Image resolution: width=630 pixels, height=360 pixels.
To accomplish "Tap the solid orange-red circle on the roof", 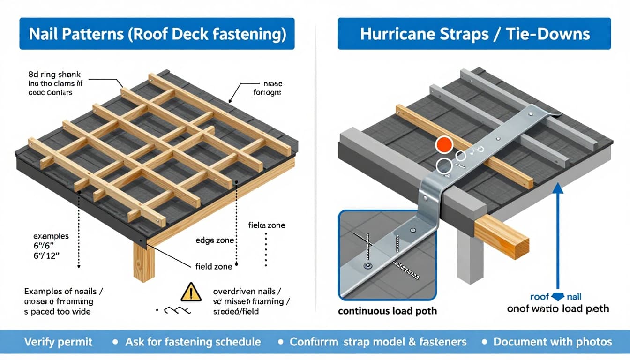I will (x=443, y=145).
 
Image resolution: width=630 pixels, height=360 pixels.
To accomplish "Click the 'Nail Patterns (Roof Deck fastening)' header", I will (x=157, y=34).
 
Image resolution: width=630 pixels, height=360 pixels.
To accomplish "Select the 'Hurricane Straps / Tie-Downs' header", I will (x=474, y=34).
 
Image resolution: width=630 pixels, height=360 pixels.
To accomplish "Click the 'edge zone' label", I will (x=215, y=240).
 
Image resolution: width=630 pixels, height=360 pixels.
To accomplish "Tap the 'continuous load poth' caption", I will (x=387, y=311).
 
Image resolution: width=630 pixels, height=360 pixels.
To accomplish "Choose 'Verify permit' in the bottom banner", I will (x=58, y=342).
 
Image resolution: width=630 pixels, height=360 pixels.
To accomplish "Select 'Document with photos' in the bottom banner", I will (x=553, y=342).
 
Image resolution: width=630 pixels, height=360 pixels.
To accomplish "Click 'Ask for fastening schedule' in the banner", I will (x=193, y=342).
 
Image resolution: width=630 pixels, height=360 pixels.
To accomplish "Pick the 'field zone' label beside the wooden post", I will (x=213, y=267).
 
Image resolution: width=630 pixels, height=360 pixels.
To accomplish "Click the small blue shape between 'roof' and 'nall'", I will (x=557, y=297).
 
